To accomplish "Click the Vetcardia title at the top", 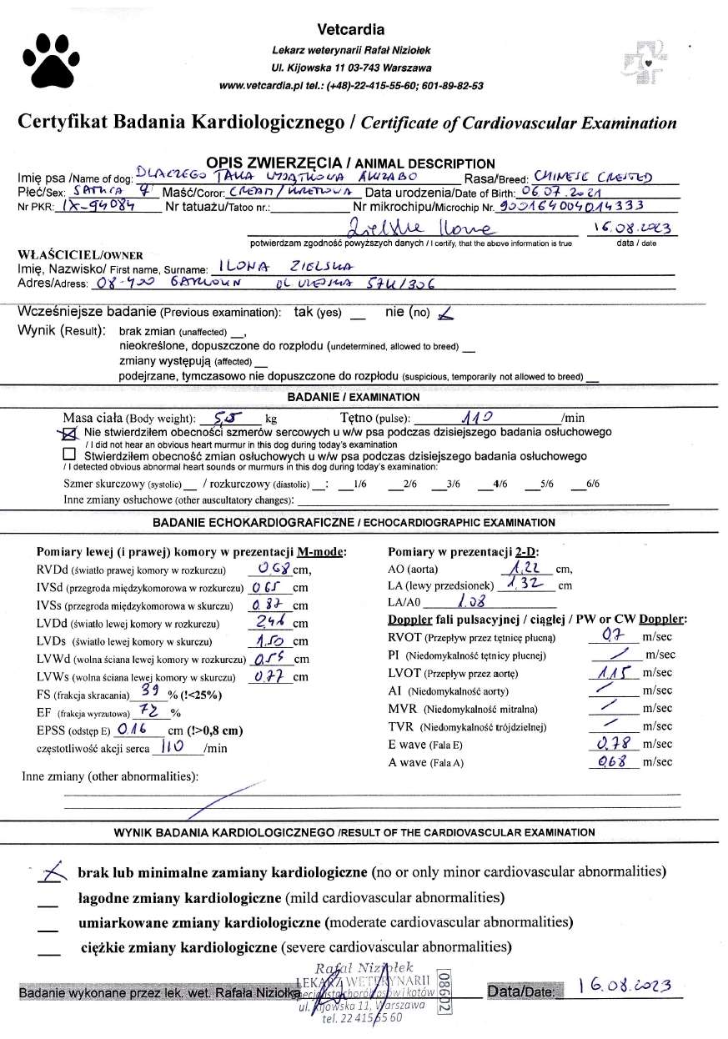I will tap(351, 29).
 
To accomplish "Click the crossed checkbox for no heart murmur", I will tap(70, 433).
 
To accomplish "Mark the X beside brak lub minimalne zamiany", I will tap(54, 871).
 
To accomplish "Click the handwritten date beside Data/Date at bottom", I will tap(625, 986).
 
